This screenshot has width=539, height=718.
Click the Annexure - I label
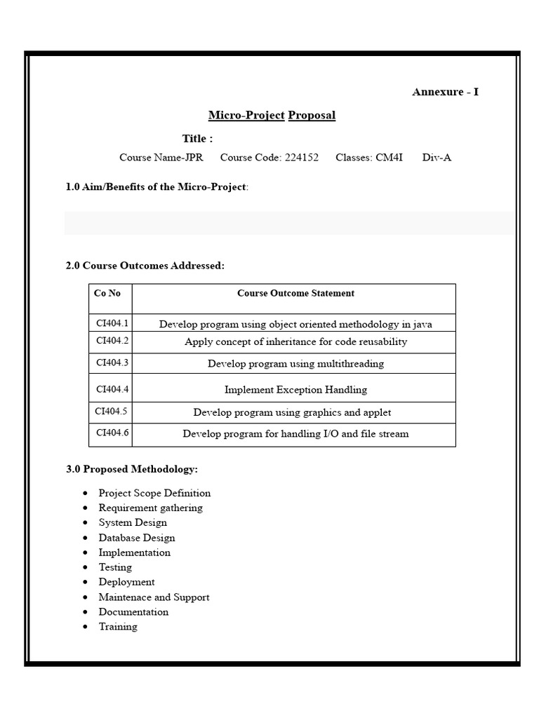pyautogui.click(x=445, y=92)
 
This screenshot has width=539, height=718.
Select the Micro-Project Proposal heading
pyautogui.click(x=272, y=115)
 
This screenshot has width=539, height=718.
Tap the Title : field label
pyautogui.click(x=197, y=138)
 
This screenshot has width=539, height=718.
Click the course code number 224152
pyautogui.click(x=302, y=157)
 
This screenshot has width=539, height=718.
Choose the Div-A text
pyautogui.click(x=437, y=157)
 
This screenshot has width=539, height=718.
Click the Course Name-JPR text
pyautogui.click(x=161, y=157)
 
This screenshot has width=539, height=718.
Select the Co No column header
pyautogui.click(x=107, y=293)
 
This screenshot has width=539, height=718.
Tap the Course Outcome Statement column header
pyautogui.click(x=295, y=293)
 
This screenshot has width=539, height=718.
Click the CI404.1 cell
pyautogui.click(x=112, y=323)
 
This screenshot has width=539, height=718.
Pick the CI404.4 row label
pyautogui.click(x=112, y=388)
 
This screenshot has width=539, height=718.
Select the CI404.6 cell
pyautogui.click(x=112, y=433)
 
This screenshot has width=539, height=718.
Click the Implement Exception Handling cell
pyautogui.click(x=295, y=389)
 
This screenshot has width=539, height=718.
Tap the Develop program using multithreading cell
pyautogui.click(x=295, y=363)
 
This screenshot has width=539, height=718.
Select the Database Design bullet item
pyautogui.click(x=137, y=538)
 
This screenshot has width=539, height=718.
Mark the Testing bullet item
pyautogui.click(x=115, y=567)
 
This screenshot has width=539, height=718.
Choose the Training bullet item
pyautogui.click(x=118, y=627)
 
